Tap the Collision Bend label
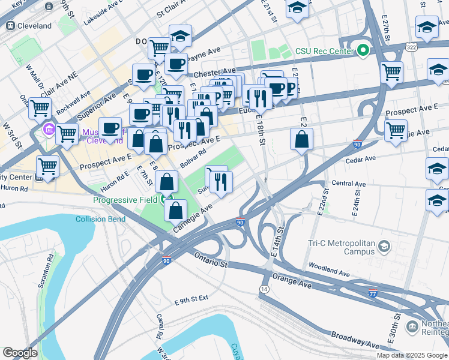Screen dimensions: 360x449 tap(101, 219)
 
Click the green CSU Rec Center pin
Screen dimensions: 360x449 tap(363, 50)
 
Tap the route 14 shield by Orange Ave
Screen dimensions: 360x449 tap(264, 289)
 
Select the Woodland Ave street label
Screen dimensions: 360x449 tap(329, 269)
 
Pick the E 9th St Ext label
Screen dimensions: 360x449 tap(191, 298)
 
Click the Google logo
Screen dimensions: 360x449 tap(20, 353)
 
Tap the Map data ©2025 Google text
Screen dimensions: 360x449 tap(412, 355)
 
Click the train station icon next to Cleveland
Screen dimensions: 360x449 tap(10, 26)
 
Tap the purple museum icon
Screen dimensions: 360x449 tap(49, 129)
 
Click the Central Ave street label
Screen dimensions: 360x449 tap(348, 184)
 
